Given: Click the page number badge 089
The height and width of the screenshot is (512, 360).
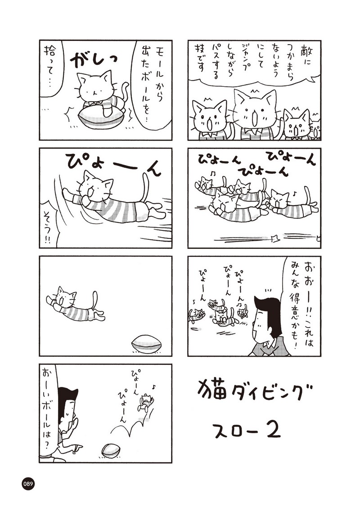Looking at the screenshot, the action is (x=28, y=484).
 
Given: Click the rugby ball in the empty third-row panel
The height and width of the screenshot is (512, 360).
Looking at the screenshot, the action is (x=147, y=344).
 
